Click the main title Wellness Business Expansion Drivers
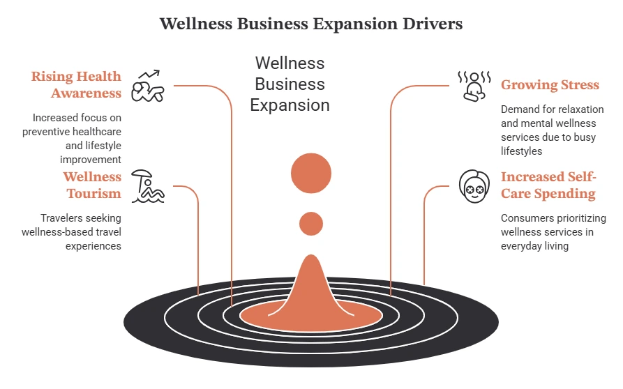click(311, 24)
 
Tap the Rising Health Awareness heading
click(76, 84)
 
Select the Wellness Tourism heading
click(92, 185)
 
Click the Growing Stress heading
click(550, 85)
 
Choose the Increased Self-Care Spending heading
click(548, 185)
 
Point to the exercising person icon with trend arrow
click(147, 86)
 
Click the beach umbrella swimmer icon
click(148, 187)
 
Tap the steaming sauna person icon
click(474, 86)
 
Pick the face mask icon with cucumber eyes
click(474, 186)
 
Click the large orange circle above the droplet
click(311, 173)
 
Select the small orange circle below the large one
click(311, 224)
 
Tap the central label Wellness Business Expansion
click(290, 84)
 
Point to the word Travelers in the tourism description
click(59, 218)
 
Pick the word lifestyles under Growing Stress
click(521, 151)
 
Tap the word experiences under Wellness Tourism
click(93, 246)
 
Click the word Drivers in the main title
click(433, 24)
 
